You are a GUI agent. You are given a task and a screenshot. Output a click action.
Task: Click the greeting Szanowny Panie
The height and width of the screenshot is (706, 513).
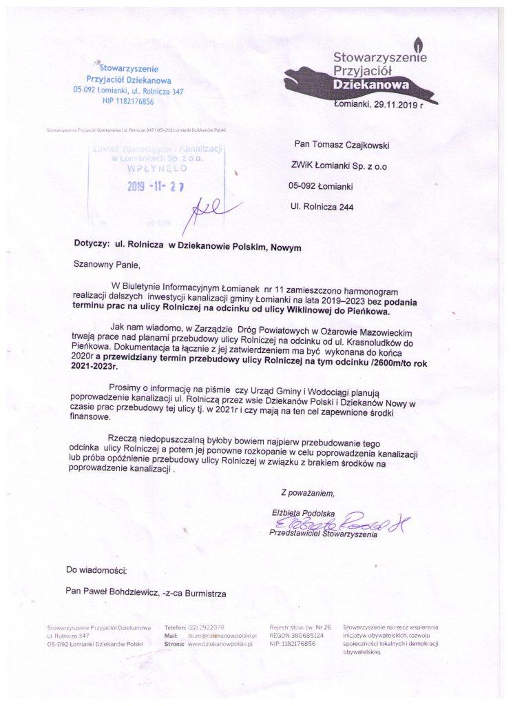click(x=107, y=263)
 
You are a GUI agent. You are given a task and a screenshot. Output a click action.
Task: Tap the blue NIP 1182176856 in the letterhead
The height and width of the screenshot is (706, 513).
click(x=129, y=101)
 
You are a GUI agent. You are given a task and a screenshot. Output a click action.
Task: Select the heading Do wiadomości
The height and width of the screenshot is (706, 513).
click(x=97, y=570)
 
